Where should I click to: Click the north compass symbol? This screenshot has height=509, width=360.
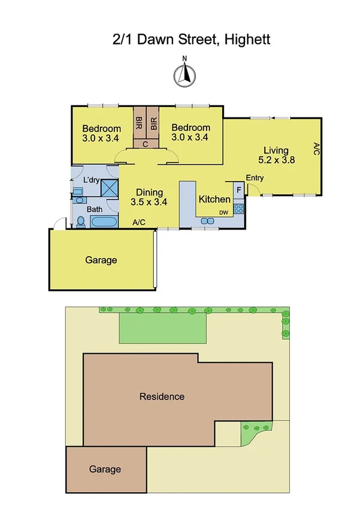[x=185, y=74]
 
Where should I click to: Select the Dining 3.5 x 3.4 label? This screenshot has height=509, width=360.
[x=148, y=197]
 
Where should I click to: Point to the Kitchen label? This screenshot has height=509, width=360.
[x=214, y=200]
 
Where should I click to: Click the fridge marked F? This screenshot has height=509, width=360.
[x=238, y=190]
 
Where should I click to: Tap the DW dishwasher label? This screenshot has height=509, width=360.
[x=223, y=213]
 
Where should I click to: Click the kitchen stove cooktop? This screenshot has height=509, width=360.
[x=238, y=209]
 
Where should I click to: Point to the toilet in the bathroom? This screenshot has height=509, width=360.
[x=80, y=221]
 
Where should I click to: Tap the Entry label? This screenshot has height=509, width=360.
[x=255, y=178]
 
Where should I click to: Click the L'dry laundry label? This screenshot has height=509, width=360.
[x=91, y=179]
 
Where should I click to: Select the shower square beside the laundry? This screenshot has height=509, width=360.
[x=109, y=188]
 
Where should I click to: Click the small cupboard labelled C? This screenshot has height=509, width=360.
[x=146, y=144]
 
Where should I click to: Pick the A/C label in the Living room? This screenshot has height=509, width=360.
[x=316, y=149]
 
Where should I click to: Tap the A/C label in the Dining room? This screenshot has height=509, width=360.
[x=139, y=222]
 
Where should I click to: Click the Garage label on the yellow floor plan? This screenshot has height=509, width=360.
[x=101, y=260]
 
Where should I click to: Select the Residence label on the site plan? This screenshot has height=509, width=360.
[x=162, y=396]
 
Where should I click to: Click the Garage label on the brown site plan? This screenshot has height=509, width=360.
[x=105, y=469]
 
